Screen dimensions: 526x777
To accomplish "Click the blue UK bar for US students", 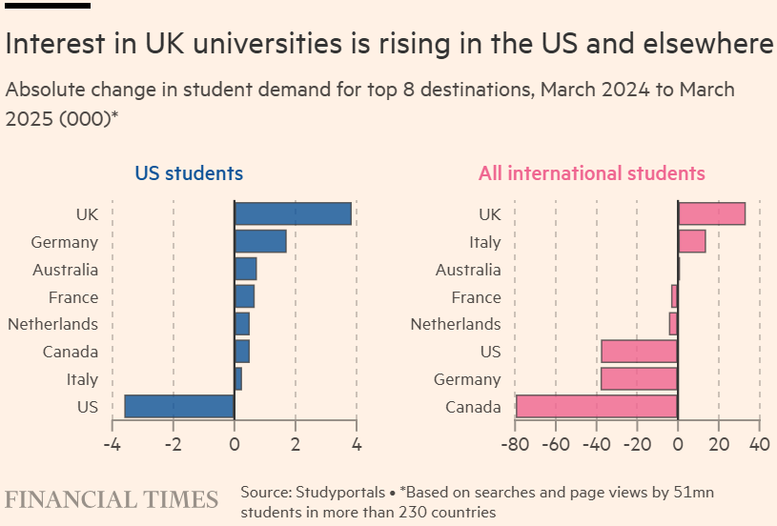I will pos(293,214).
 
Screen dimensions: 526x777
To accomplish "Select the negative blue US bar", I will pos(179,406).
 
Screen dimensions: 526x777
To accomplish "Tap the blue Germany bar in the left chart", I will pos(260,242).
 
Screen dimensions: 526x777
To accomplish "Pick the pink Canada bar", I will pos(597,407).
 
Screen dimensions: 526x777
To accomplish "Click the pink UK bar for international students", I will pos(711,214).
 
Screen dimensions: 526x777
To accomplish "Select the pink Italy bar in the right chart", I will pos(691,242).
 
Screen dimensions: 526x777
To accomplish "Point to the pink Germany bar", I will pos(639,379).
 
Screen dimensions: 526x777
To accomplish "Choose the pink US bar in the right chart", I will pos(639,352).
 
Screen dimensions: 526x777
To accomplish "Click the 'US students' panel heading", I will pos(189,173).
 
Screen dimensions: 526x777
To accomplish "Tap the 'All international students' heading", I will pos(592,173).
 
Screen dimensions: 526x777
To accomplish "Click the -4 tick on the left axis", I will pos(111,444).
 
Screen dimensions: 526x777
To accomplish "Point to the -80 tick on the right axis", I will pos(515,444).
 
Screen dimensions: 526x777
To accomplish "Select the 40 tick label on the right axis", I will pos(759,444).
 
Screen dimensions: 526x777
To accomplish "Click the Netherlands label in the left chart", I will pos(52,324).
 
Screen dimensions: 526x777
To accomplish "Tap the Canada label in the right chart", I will pos(473,407).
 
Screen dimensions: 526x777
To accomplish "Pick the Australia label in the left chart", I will pos(65,270).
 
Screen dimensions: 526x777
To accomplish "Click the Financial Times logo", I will pos(112,499).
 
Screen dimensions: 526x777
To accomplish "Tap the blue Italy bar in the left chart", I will pos(238,379).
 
